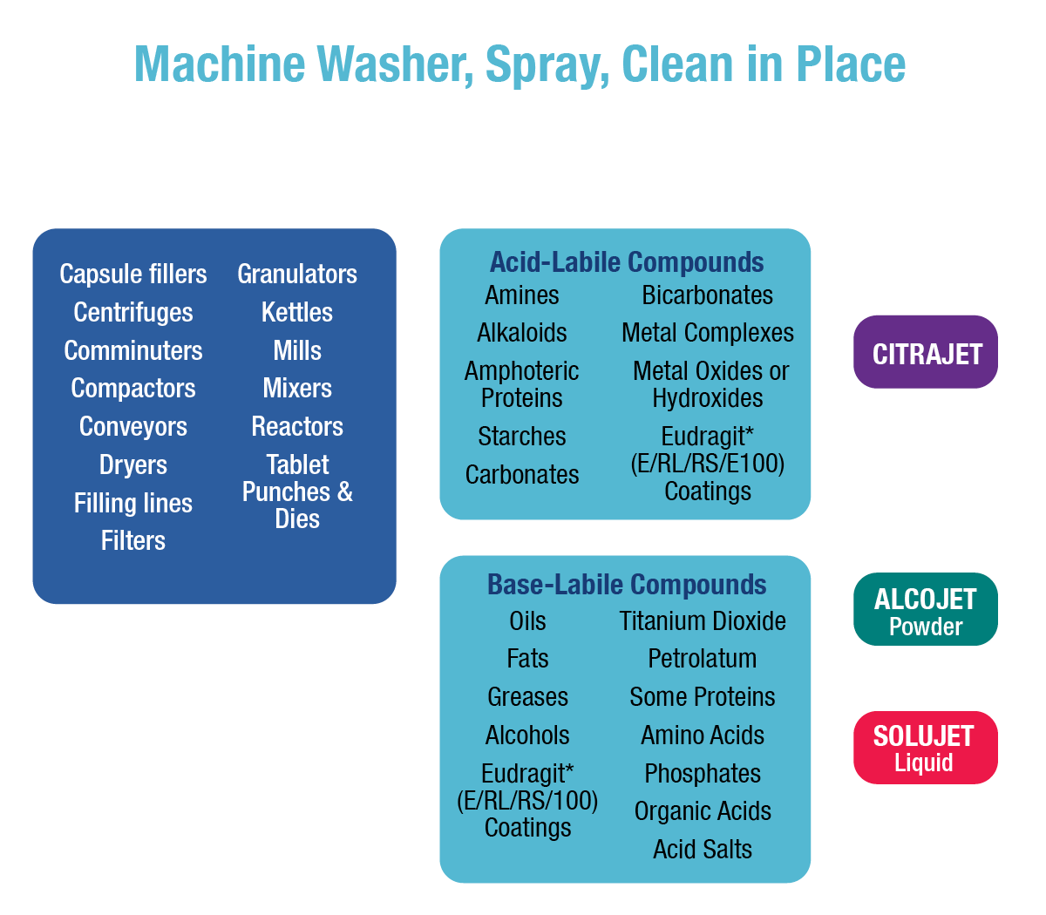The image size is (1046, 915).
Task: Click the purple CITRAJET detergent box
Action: click(x=927, y=354)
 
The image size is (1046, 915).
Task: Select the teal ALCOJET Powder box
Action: click(x=926, y=612)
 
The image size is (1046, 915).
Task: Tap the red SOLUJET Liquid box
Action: click(x=924, y=748)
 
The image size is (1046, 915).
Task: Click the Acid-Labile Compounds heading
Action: click(x=627, y=261)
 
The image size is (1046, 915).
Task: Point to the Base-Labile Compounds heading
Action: click(x=627, y=584)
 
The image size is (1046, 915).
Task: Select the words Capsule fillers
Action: click(x=133, y=274)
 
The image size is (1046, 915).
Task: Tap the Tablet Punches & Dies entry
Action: click(x=297, y=491)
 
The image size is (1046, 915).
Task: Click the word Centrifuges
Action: click(x=133, y=312)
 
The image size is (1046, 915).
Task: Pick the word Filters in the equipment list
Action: click(x=133, y=540)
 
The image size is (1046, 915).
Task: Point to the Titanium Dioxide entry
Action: click(x=703, y=620)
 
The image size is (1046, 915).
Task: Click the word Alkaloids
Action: click(x=521, y=333)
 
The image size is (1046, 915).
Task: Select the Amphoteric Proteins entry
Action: click(x=521, y=384)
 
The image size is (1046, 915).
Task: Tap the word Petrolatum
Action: click(x=703, y=659)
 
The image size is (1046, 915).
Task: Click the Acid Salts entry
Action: click(x=703, y=849)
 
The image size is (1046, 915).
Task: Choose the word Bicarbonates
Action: click(x=707, y=295)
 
